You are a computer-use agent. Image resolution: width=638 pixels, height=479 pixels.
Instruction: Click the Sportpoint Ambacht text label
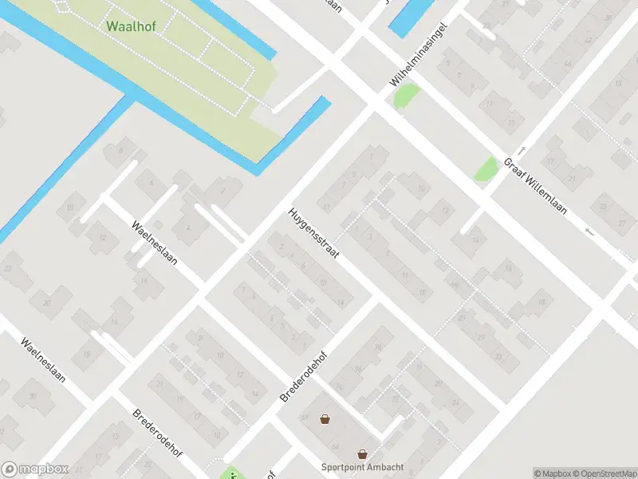coord(363,467)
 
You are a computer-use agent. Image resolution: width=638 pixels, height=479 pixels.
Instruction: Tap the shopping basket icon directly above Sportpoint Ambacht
coord(363,453)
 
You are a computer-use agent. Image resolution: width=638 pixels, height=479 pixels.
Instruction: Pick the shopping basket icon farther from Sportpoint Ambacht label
coord(325,418)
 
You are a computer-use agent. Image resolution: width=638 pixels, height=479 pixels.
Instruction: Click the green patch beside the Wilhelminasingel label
coord(406,97)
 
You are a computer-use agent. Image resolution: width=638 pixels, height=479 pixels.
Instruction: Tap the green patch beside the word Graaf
coord(486,168)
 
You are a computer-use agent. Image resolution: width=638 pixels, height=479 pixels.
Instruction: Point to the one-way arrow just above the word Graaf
coord(521,150)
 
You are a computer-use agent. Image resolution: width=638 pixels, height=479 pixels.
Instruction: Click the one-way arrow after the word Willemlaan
coord(589,232)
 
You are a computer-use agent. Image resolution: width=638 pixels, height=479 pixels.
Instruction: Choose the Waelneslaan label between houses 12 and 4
coord(155,243)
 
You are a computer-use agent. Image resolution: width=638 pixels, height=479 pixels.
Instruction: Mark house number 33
coord(499,357)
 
